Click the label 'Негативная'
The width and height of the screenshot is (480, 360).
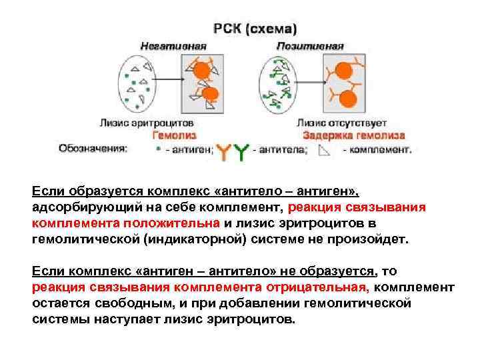tap(173, 46)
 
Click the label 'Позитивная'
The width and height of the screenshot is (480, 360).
tap(310, 46)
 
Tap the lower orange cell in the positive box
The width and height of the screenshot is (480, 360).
tap(347, 98)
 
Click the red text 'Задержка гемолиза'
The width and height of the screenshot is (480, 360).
tap(354, 135)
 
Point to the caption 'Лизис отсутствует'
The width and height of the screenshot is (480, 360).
tap(342, 123)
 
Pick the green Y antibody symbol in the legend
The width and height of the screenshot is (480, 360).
tap(241, 151)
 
